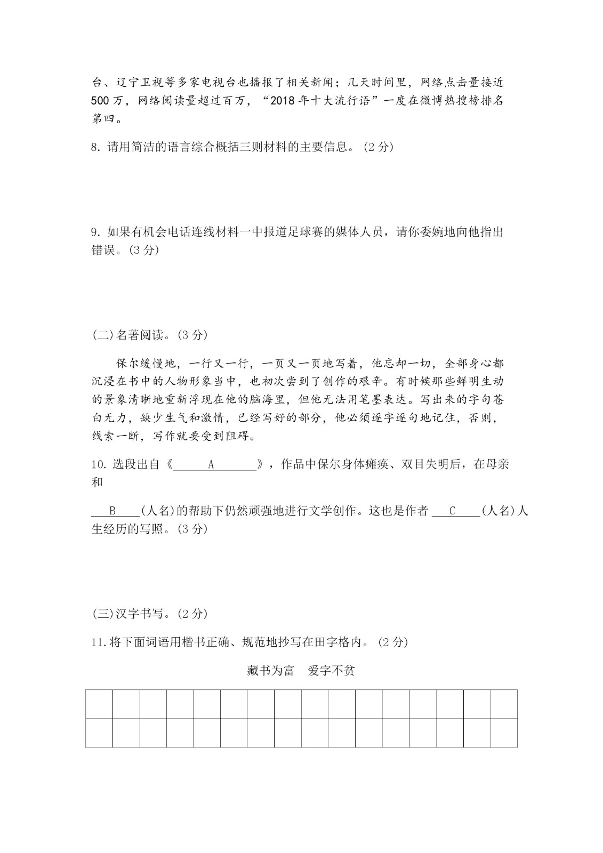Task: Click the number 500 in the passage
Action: tap(103, 101)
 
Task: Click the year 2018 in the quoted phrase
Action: tap(282, 101)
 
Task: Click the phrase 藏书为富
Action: tap(271, 671)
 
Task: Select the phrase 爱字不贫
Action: tap(331, 671)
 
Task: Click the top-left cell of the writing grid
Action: tap(99, 704)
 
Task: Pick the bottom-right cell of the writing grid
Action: tap(504, 733)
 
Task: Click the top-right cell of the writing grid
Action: tap(504, 704)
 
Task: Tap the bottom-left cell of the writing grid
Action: tap(99, 733)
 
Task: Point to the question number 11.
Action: tap(99, 643)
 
